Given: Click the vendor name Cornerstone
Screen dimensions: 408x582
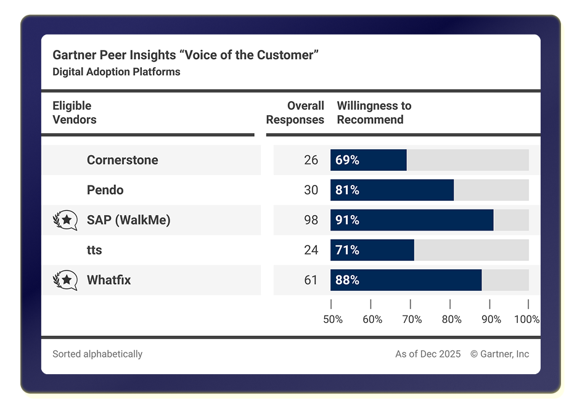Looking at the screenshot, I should [122, 160].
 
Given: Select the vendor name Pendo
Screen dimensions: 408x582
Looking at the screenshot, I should [105, 190].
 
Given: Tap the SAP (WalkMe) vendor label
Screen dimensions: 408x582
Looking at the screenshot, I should [128, 220].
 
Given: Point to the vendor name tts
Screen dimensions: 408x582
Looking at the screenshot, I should [94, 250].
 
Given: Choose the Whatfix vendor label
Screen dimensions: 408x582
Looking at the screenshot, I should [109, 280].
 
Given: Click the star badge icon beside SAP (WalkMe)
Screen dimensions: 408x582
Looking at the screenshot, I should [65, 220].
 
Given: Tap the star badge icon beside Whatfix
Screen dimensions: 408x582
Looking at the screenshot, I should [65, 280].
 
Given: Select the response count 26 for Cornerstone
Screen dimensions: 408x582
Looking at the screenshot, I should [311, 160].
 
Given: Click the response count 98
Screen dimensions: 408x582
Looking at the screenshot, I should [311, 220].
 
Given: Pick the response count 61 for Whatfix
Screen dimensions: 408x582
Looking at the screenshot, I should [311, 280].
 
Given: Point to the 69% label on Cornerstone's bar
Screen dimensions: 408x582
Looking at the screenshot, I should [347, 160].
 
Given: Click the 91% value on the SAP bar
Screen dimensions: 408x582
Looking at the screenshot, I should [347, 220].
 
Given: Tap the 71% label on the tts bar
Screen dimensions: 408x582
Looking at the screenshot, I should [347, 250].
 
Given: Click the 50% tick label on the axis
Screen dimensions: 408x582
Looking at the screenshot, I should [333, 319].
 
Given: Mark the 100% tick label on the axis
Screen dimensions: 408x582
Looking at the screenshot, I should [527, 319].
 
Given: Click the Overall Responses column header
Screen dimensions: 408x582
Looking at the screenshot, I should [295, 113].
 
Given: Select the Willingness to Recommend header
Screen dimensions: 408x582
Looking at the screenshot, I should [374, 113].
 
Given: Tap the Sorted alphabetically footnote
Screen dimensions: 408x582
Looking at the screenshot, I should [97, 354].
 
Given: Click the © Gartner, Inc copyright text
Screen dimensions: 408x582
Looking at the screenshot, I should [499, 354].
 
